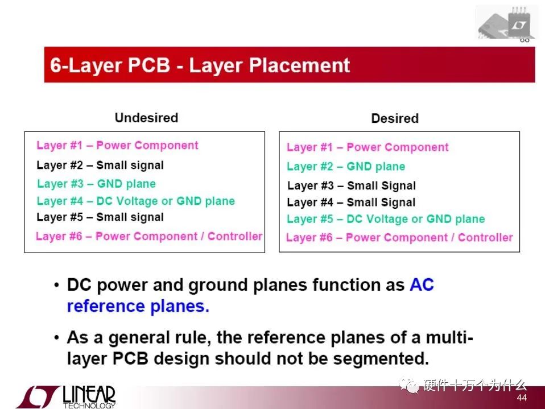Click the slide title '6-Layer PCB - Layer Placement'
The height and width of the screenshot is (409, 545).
pyautogui.click(x=200, y=65)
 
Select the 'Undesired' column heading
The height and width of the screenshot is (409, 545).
pyautogui.click(x=146, y=118)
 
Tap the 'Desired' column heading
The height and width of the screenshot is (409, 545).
pyautogui.click(x=395, y=118)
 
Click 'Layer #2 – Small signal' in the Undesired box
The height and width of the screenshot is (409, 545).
pyautogui.click(x=100, y=165)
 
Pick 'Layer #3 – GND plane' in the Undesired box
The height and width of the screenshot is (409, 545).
pyautogui.click(x=96, y=184)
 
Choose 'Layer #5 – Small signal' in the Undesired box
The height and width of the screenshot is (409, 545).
pyautogui.click(x=100, y=217)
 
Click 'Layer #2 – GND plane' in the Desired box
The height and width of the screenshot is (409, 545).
pyautogui.click(x=346, y=167)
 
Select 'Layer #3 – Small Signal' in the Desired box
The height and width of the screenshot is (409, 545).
pyautogui.click(x=352, y=185)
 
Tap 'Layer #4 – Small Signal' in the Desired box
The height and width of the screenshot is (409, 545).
pyautogui.click(x=351, y=203)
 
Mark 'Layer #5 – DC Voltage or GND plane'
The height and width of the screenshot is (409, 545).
pyautogui.click(x=386, y=219)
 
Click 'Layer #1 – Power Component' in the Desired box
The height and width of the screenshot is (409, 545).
pyautogui.click(x=368, y=147)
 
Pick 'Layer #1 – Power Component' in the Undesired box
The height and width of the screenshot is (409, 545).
pyautogui.click(x=117, y=145)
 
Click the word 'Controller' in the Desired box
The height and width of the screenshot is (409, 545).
pyautogui.click(x=485, y=237)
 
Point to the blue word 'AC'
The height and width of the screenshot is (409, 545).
pyautogui.click(x=422, y=285)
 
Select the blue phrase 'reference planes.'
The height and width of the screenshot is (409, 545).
pyautogui.click(x=138, y=307)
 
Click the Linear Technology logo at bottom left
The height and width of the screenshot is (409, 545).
pyautogui.click(x=65, y=396)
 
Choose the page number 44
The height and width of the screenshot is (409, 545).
pyautogui.click(x=522, y=398)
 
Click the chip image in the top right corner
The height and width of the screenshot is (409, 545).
pyautogui.click(x=506, y=23)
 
